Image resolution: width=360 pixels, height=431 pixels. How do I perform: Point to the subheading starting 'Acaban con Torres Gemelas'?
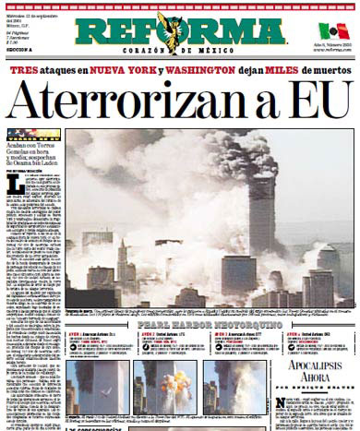pyautogui.click(x=37, y=154)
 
